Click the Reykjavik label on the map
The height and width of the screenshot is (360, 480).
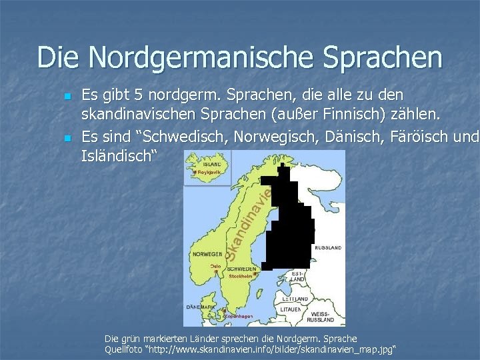(209, 172)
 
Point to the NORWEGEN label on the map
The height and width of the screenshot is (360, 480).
(207, 254)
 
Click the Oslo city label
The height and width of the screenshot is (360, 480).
(215, 265)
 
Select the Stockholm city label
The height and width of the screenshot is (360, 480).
(241, 275)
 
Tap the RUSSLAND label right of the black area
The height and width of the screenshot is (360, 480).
(327, 247)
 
